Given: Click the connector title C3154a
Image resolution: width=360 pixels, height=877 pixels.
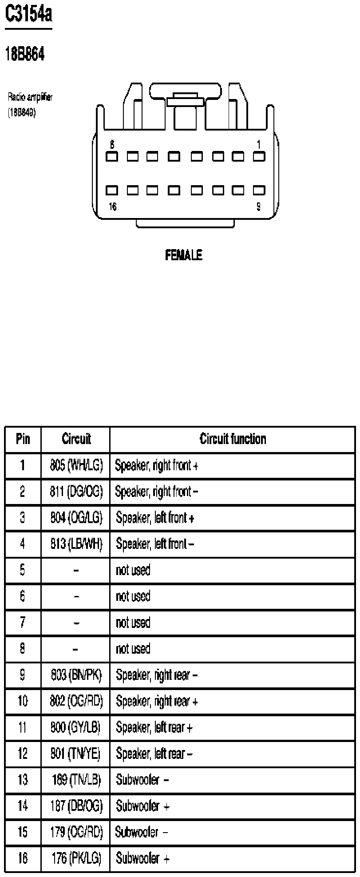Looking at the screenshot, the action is coord(28,15).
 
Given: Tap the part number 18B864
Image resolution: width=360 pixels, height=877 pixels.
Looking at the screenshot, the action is coord(24,55).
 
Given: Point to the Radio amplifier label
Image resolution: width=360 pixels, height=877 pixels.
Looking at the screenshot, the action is coord(30,97).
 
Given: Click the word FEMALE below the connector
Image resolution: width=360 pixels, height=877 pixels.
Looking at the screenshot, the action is coord(184,255).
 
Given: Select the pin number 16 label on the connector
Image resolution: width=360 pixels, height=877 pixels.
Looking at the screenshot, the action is coord(113,207).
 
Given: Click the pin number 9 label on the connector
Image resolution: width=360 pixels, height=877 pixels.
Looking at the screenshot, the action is coord(259,207).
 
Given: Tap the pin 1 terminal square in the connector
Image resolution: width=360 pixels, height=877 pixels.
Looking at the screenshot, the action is coord(259,156).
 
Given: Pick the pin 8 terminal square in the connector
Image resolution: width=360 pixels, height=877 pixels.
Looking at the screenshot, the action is coord(112,156).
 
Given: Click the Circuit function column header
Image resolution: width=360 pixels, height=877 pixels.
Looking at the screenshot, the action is coord(233,439).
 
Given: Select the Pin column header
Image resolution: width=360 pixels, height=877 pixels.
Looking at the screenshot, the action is coord(23,439).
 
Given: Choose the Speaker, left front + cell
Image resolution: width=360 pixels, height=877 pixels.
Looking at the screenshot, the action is coord(155,518).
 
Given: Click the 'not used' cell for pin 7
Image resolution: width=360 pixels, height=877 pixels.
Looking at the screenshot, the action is coord(133,623).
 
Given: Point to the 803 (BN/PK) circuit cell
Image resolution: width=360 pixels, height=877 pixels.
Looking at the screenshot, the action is coord(76,675).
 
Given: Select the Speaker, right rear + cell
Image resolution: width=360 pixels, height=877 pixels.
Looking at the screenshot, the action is coord(157,701).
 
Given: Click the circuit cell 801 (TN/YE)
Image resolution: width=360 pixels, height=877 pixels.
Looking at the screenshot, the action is coord(75,754).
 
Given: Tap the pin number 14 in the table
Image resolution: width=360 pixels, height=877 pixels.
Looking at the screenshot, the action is coord(23,806).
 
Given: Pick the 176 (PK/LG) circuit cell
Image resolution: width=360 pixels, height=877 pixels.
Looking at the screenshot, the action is coord(76,858).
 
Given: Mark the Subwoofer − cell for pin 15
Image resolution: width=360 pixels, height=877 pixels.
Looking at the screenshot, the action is coord(142,832).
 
